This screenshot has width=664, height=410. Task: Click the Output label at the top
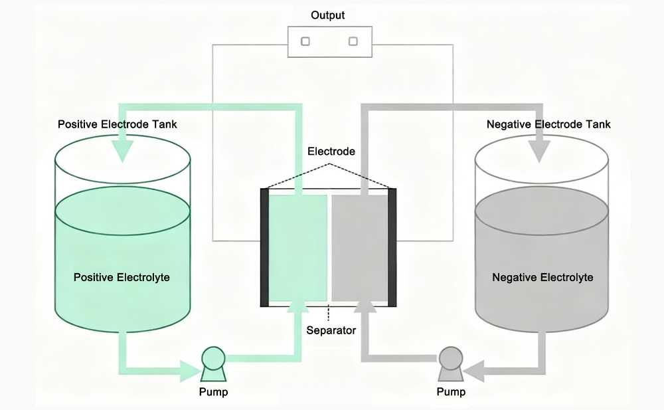pyautogui.click(x=329, y=15)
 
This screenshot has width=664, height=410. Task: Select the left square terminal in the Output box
pyautogui.click(x=305, y=41)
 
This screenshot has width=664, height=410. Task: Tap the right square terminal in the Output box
pyautogui.click(x=353, y=41)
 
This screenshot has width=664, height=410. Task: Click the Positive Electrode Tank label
pyautogui.click(x=118, y=124)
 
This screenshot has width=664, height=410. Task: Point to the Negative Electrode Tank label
pyautogui.click(x=548, y=124)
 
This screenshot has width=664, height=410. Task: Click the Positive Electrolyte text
pyautogui.click(x=122, y=277)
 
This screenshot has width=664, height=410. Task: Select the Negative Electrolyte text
pyautogui.click(x=542, y=277)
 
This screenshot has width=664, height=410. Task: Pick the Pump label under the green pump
pyautogui.click(x=213, y=392)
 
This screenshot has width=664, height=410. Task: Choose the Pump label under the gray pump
pyautogui.click(x=451, y=392)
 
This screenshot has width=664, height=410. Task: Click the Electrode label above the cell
pyautogui.click(x=331, y=152)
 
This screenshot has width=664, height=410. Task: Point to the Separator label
pyautogui.click(x=331, y=330)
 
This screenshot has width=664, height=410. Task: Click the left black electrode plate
pyautogui.click(x=264, y=247)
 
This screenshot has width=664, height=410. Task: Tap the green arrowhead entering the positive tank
pyautogui.click(x=122, y=153)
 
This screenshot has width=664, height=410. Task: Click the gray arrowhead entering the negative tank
pyautogui.click(x=539, y=153)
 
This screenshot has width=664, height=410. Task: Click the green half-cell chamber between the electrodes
pyautogui.click(x=296, y=247)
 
